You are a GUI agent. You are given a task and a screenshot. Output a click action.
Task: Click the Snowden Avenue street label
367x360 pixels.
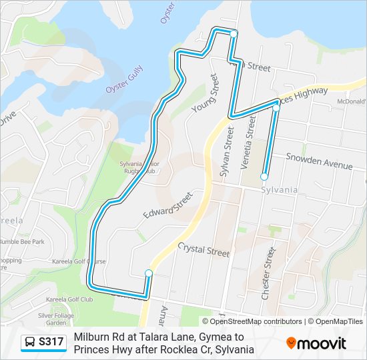point(318,161)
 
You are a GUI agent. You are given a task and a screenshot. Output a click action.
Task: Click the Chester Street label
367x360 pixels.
point(268,273)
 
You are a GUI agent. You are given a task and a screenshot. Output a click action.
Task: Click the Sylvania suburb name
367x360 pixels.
point(279,190)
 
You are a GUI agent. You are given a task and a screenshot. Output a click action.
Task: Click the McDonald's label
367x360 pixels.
point(351,101)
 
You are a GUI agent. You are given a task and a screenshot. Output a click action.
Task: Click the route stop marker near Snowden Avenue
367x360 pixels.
point(264,177)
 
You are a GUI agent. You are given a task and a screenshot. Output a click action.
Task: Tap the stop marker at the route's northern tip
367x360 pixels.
point(234,33)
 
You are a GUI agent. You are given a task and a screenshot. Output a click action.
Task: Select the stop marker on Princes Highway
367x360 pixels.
point(276,107)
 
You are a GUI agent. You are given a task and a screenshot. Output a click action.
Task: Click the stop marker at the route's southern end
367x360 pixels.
point(149,273)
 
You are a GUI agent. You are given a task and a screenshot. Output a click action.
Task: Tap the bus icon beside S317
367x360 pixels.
point(30,343)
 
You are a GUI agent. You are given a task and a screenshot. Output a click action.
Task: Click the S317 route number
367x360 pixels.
point(51,343)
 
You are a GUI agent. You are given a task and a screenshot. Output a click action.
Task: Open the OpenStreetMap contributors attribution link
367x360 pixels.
point(256,321)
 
